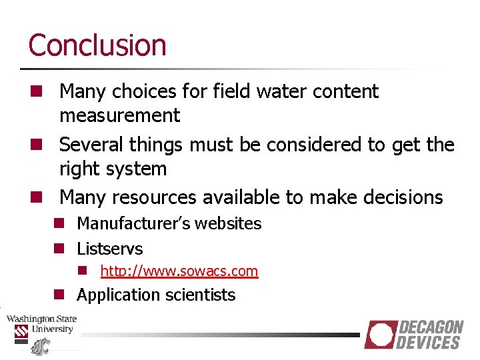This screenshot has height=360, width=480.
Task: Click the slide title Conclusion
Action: point(97,45)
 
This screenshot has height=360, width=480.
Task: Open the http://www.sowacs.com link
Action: point(179,271)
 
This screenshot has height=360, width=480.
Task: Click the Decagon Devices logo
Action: point(413,335)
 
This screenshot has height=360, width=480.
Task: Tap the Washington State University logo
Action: point(41,329)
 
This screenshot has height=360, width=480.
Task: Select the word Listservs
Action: point(109,249)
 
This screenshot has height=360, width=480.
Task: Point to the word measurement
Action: point(119,116)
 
